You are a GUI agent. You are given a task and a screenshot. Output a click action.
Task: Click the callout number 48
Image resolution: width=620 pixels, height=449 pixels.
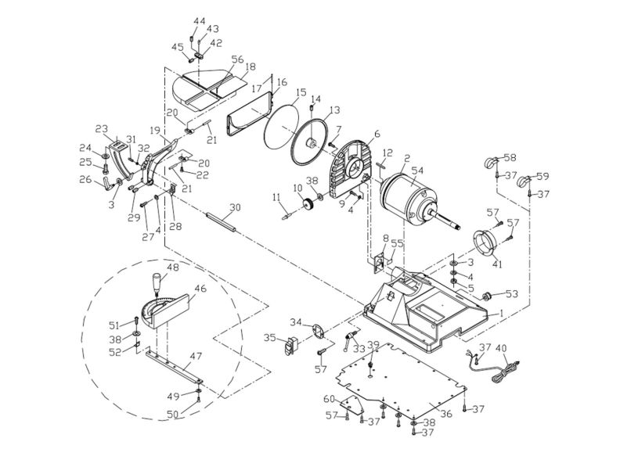pos(172,267)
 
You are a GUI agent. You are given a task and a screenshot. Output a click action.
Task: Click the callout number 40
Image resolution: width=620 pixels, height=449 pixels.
pos(502,348)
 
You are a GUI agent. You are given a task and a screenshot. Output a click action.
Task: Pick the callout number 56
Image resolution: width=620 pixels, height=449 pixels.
pos(237,59)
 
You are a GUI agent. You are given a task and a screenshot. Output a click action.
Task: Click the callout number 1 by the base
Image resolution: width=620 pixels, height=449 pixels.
pos(501,313)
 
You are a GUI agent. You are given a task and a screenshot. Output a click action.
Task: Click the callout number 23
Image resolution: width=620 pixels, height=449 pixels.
pos(101,129)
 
